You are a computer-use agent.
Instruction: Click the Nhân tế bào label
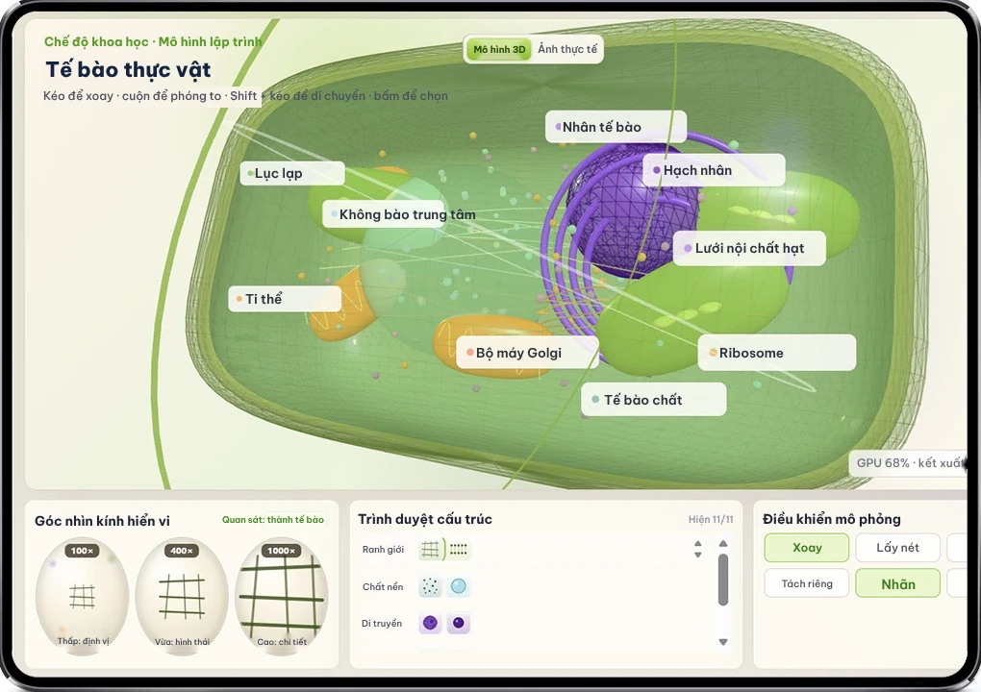616,127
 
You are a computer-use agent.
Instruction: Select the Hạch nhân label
714,170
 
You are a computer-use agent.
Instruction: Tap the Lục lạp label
292,173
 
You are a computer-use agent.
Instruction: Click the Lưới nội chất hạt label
749,248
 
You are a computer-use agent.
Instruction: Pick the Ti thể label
285,299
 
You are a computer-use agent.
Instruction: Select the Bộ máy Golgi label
527,353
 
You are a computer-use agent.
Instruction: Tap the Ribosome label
776,353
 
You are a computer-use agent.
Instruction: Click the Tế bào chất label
654,400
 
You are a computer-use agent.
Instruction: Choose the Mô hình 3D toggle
498,49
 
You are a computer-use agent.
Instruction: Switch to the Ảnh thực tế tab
567,49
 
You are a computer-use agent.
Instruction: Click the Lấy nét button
897,548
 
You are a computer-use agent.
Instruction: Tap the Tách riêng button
807,583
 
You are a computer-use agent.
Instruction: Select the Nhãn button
897,583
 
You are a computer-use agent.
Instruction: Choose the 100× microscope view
82,596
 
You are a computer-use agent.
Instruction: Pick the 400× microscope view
182,596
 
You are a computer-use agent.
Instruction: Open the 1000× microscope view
282,596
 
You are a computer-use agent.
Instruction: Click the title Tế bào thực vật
128,69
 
